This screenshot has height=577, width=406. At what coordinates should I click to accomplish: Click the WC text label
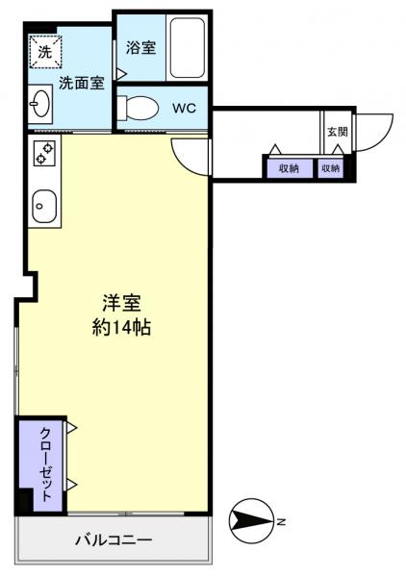pos(184,108)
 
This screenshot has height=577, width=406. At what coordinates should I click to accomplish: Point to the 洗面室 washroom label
pos(81,83)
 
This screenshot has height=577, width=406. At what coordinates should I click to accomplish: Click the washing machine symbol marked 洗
pos(44,53)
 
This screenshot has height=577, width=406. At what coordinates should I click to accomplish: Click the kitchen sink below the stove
pos(44,203)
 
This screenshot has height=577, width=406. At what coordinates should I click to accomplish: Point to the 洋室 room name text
pos(122,302)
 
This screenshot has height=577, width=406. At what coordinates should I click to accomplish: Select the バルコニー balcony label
pos(114,540)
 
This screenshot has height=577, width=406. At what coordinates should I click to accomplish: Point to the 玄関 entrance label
pos(337,133)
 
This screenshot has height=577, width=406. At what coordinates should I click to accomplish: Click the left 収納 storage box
pos(288,167)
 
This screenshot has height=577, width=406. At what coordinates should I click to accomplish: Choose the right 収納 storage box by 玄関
pos(330,167)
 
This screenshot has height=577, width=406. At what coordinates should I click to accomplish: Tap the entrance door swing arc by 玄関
pos(378,126)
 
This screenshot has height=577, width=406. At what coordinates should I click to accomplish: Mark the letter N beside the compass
pos(281,522)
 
